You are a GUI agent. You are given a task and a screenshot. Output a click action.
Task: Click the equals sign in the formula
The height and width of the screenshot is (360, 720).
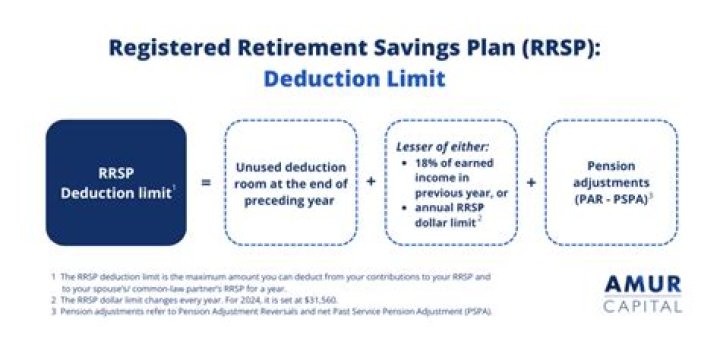pos(205,183)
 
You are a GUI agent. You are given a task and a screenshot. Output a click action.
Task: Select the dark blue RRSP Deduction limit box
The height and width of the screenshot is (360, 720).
pos(116,183)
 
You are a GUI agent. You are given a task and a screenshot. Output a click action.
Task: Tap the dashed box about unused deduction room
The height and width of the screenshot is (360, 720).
pos(290,183)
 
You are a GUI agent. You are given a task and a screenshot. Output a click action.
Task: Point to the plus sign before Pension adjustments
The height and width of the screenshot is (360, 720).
pos(531,183)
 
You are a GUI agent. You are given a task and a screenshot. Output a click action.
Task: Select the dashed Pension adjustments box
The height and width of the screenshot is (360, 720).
pos(610,183)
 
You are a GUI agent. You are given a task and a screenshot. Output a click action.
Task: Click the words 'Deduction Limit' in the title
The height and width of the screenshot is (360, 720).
pos(359,77)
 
